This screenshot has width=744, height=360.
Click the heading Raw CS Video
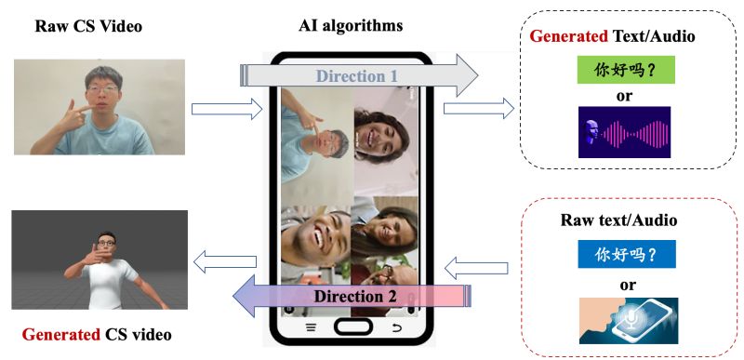(88, 26)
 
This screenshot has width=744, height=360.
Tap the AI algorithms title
(352, 26)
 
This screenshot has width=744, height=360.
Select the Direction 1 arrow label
(355, 76)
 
